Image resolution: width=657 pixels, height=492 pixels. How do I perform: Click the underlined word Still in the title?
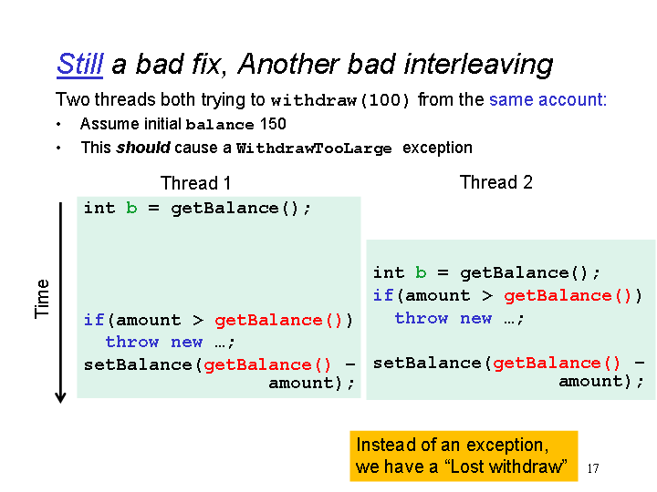point(79,65)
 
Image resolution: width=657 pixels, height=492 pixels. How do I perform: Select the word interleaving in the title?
point(478,66)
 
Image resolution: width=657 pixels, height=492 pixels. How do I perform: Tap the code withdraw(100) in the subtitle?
point(339,100)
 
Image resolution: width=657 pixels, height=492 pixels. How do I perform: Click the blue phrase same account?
point(547,99)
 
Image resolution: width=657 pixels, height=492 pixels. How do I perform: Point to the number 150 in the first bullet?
point(273,124)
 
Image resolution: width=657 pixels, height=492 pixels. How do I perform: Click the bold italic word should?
point(143,148)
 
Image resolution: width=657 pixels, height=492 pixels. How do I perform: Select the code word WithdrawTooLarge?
point(314,149)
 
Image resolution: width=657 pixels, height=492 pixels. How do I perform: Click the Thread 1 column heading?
point(195,183)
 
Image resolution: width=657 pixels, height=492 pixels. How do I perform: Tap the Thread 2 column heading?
point(496,182)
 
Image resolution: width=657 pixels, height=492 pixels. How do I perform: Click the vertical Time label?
point(42,299)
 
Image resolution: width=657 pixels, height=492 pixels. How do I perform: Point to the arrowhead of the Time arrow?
point(60,400)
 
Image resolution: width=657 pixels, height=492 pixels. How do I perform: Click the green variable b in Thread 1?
point(131,208)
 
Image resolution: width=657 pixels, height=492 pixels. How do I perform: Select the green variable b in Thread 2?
point(421,272)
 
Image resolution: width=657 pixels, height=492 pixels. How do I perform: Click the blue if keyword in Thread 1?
point(94,320)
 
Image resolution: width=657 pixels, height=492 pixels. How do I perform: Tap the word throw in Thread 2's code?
point(422,318)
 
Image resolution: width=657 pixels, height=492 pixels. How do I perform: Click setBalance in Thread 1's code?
point(138,364)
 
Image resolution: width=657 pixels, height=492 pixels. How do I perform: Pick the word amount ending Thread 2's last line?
point(591,382)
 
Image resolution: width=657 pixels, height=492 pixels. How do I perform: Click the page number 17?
point(593,468)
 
